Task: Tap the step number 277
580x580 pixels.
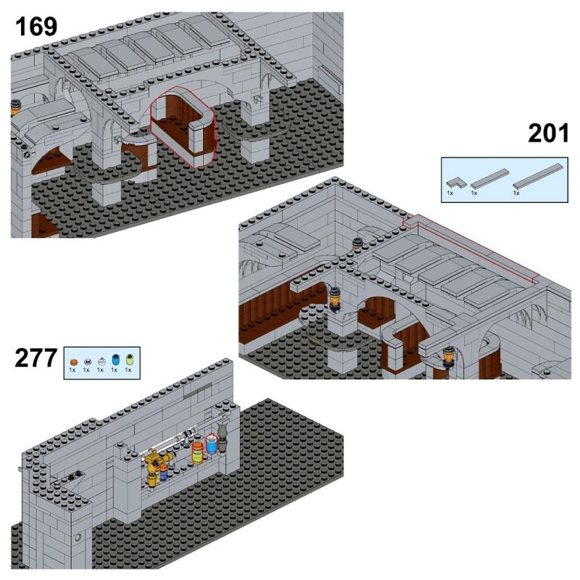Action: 36,359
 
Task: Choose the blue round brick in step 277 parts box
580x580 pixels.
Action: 114,360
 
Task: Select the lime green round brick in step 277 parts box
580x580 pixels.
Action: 128,360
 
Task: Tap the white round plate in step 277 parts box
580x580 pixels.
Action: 100,360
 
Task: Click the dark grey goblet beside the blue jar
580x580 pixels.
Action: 223,437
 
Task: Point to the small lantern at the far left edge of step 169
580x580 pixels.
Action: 14,109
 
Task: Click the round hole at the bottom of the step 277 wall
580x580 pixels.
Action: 78,537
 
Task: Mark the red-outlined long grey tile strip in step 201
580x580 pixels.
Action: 471,247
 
